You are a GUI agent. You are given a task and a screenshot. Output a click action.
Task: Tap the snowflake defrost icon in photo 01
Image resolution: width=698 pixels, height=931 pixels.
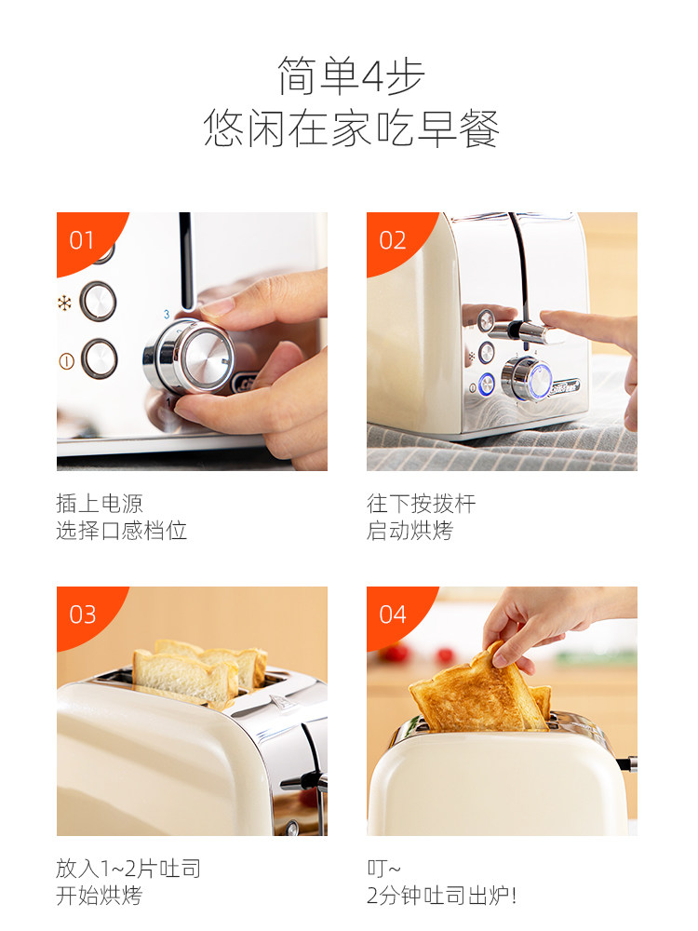click(x=64, y=304)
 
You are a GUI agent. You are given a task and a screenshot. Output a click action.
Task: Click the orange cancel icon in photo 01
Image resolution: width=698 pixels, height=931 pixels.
click(x=66, y=360)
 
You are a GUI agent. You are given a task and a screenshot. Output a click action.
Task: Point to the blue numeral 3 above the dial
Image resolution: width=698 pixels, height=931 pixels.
click(x=167, y=314)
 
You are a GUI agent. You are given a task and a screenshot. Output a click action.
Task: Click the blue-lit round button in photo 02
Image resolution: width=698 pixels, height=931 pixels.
click(x=487, y=385)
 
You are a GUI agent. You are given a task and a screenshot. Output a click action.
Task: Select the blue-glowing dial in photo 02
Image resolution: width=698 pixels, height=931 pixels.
click(x=527, y=380)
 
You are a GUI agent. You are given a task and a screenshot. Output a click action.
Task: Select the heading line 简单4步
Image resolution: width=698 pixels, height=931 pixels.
click(x=352, y=76)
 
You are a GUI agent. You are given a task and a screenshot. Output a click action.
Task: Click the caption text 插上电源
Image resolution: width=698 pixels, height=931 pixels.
click(x=100, y=503)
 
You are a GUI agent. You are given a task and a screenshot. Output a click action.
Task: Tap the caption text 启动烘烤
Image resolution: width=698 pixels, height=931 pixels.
click(x=410, y=531)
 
